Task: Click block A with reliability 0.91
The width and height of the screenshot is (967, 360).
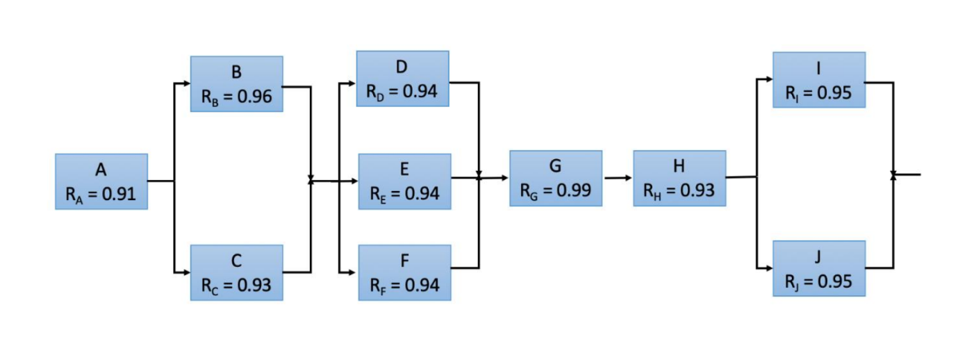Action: pos(101,181)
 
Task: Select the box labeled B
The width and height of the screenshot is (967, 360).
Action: pos(236,84)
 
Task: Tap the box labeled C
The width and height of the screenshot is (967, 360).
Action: pos(236,272)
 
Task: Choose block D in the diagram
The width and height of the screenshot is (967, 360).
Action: pos(402,79)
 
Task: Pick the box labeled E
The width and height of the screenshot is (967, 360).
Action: pos(404,181)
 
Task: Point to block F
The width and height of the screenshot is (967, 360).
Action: pos(404,272)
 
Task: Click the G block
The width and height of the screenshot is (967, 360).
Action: pos(555,178)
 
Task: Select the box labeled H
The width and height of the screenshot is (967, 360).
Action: pos(679,178)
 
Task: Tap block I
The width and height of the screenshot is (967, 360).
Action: pos(818,80)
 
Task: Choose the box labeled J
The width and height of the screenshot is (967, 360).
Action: pos(818,268)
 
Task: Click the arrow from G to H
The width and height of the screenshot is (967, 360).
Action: pos(618,178)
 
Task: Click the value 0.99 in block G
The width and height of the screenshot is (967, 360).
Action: pos(573,190)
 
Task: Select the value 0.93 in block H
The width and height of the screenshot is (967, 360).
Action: pos(697,190)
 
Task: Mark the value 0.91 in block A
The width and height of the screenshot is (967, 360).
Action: pos(119,193)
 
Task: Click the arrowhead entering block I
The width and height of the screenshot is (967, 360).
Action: pos(768,79)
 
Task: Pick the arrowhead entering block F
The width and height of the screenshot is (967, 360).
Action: pos(354,271)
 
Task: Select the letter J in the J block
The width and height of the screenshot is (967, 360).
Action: pos(818,257)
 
